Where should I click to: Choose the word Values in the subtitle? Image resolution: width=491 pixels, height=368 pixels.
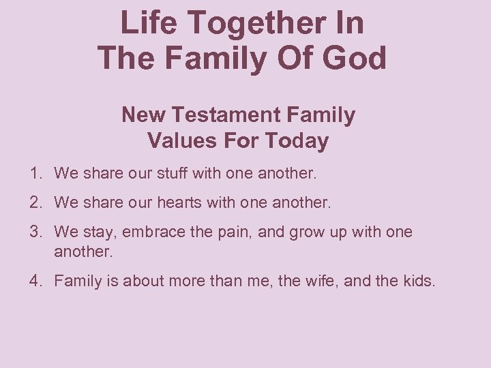click(175, 141)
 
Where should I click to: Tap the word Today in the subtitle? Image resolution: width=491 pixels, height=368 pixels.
click(297, 142)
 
